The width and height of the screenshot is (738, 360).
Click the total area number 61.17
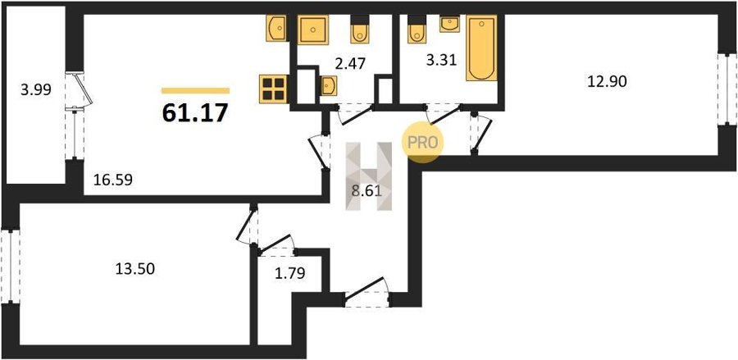tap(195, 113)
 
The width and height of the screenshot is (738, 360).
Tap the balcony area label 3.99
tap(35, 89)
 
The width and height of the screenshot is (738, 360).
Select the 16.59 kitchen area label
tap(112, 180)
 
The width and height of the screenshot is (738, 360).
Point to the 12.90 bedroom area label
tap(607, 82)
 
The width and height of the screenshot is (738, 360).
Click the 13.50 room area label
tap(135, 269)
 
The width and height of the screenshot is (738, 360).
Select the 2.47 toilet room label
tap(349, 63)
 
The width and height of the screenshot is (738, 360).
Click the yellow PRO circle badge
tap(422, 143)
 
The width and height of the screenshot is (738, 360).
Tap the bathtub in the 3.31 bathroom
tap(481, 48)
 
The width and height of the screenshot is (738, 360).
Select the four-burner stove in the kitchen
tap(273, 89)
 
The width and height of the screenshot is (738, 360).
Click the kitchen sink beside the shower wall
tap(277, 28)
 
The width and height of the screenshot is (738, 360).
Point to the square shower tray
tap(313, 30)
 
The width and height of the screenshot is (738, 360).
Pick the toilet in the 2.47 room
tap(360, 30)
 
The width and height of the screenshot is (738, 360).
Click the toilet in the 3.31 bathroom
tap(417, 30)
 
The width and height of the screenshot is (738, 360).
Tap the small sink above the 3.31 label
tap(449, 24)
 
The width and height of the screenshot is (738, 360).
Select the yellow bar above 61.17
tap(195, 91)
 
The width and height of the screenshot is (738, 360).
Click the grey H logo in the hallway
tap(369, 176)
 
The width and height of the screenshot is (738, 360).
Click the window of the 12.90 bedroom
tap(727, 89)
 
